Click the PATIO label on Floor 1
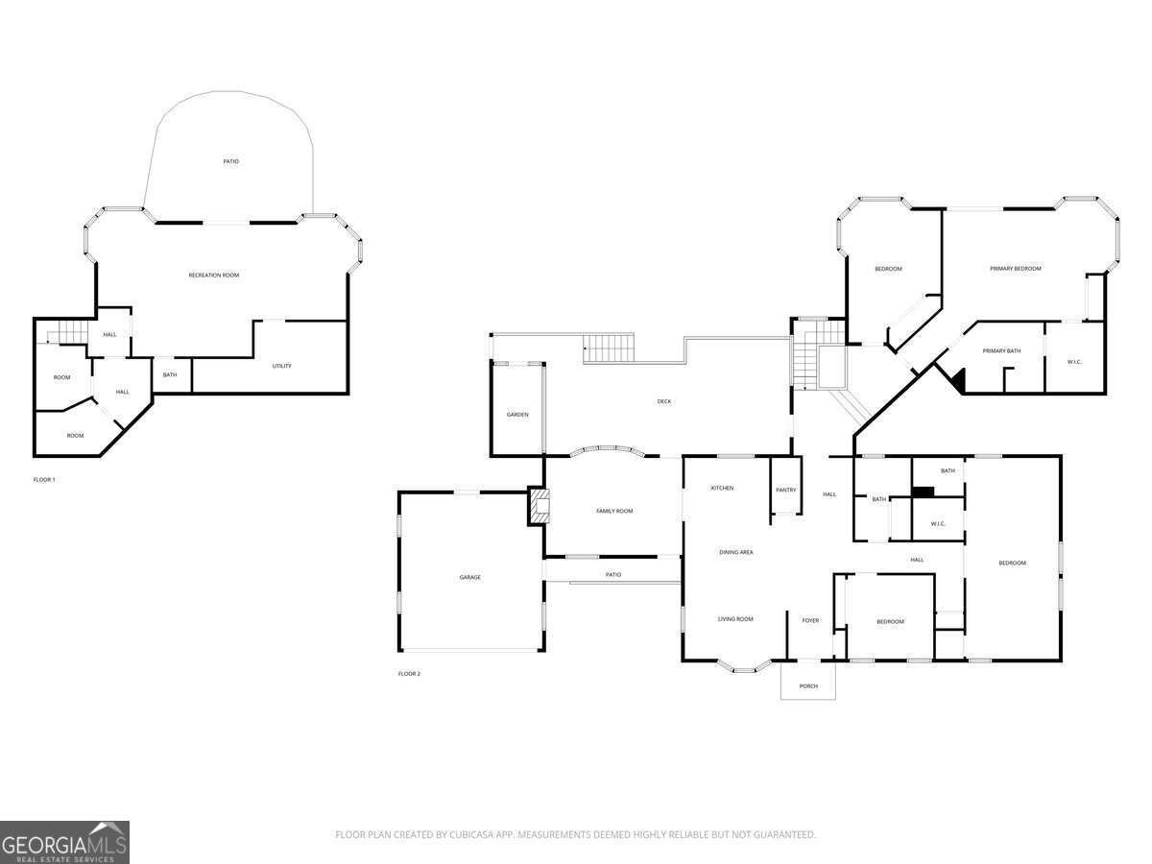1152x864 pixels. (x=231, y=161)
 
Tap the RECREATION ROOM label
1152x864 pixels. (x=213, y=276)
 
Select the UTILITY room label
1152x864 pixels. (x=281, y=366)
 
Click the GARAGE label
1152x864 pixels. (x=469, y=577)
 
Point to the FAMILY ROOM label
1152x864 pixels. (x=614, y=511)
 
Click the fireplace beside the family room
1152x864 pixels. (x=540, y=506)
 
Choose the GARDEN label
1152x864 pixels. (x=517, y=415)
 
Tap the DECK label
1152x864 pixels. (x=664, y=401)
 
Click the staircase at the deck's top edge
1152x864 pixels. (x=611, y=347)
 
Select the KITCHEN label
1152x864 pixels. (x=722, y=488)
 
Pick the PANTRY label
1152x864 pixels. (x=785, y=490)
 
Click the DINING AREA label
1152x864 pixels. (x=736, y=552)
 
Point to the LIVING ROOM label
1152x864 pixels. (x=735, y=619)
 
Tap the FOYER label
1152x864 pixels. (x=810, y=620)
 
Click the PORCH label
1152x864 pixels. (x=808, y=685)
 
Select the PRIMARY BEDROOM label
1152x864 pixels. (x=1015, y=269)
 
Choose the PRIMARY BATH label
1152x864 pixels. (x=1001, y=350)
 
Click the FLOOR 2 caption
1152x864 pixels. (x=409, y=674)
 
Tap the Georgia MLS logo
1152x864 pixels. (x=64, y=842)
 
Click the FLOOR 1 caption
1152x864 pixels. (x=44, y=479)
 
